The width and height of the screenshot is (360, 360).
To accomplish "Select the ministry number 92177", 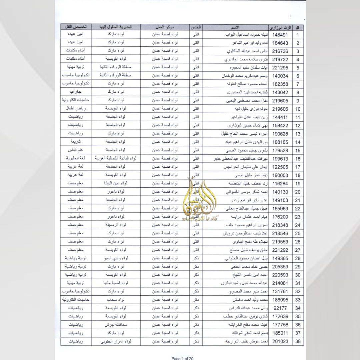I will (x=280, y=308).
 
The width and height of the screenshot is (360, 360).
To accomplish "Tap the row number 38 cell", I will (x=297, y=341).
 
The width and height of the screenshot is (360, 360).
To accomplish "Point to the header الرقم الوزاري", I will (x=280, y=27).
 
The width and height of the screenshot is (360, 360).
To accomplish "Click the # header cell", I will (x=297, y=27).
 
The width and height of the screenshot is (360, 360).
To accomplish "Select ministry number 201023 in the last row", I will (x=280, y=341).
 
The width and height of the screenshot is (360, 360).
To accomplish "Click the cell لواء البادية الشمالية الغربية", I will (x=116, y=159).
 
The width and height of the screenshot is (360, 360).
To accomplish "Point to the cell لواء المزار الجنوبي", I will (x=116, y=341).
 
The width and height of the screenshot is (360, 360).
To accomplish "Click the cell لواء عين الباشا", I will (x=116, y=184).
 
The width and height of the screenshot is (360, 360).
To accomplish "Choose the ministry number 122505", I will (x=280, y=167).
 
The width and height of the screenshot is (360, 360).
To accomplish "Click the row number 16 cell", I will (x=297, y=159).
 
